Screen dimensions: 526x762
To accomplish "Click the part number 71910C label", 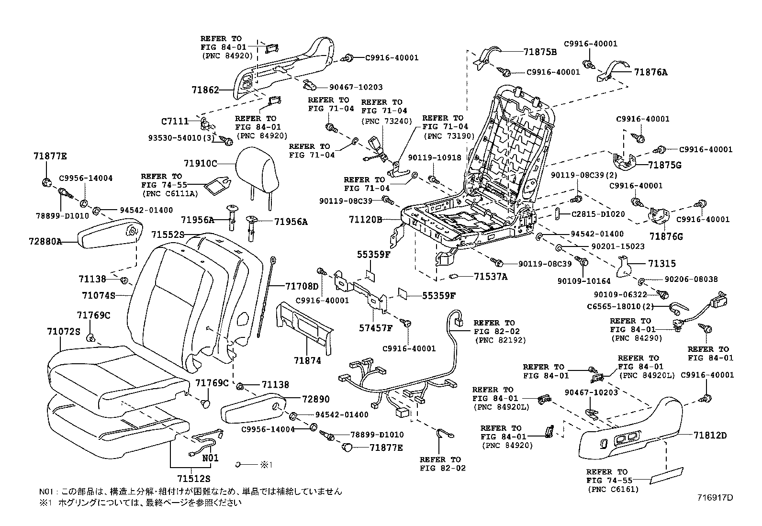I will click(200, 164).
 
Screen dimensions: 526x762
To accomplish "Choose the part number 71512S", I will click(193, 478).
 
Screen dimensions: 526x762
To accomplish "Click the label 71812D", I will click(710, 436).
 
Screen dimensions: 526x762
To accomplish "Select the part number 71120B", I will click(366, 220).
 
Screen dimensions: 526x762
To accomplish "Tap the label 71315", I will click(662, 264).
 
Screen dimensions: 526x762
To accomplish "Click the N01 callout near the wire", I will click(210, 458).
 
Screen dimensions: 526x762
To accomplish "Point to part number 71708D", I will click(302, 286).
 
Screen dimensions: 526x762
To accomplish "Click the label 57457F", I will click(376, 328).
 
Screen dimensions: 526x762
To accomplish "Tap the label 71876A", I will click(650, 72).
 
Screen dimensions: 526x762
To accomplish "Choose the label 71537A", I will click(491, 276).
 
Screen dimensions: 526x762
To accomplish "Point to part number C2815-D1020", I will click(598, 214).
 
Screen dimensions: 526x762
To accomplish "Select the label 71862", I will click(205, 90).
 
